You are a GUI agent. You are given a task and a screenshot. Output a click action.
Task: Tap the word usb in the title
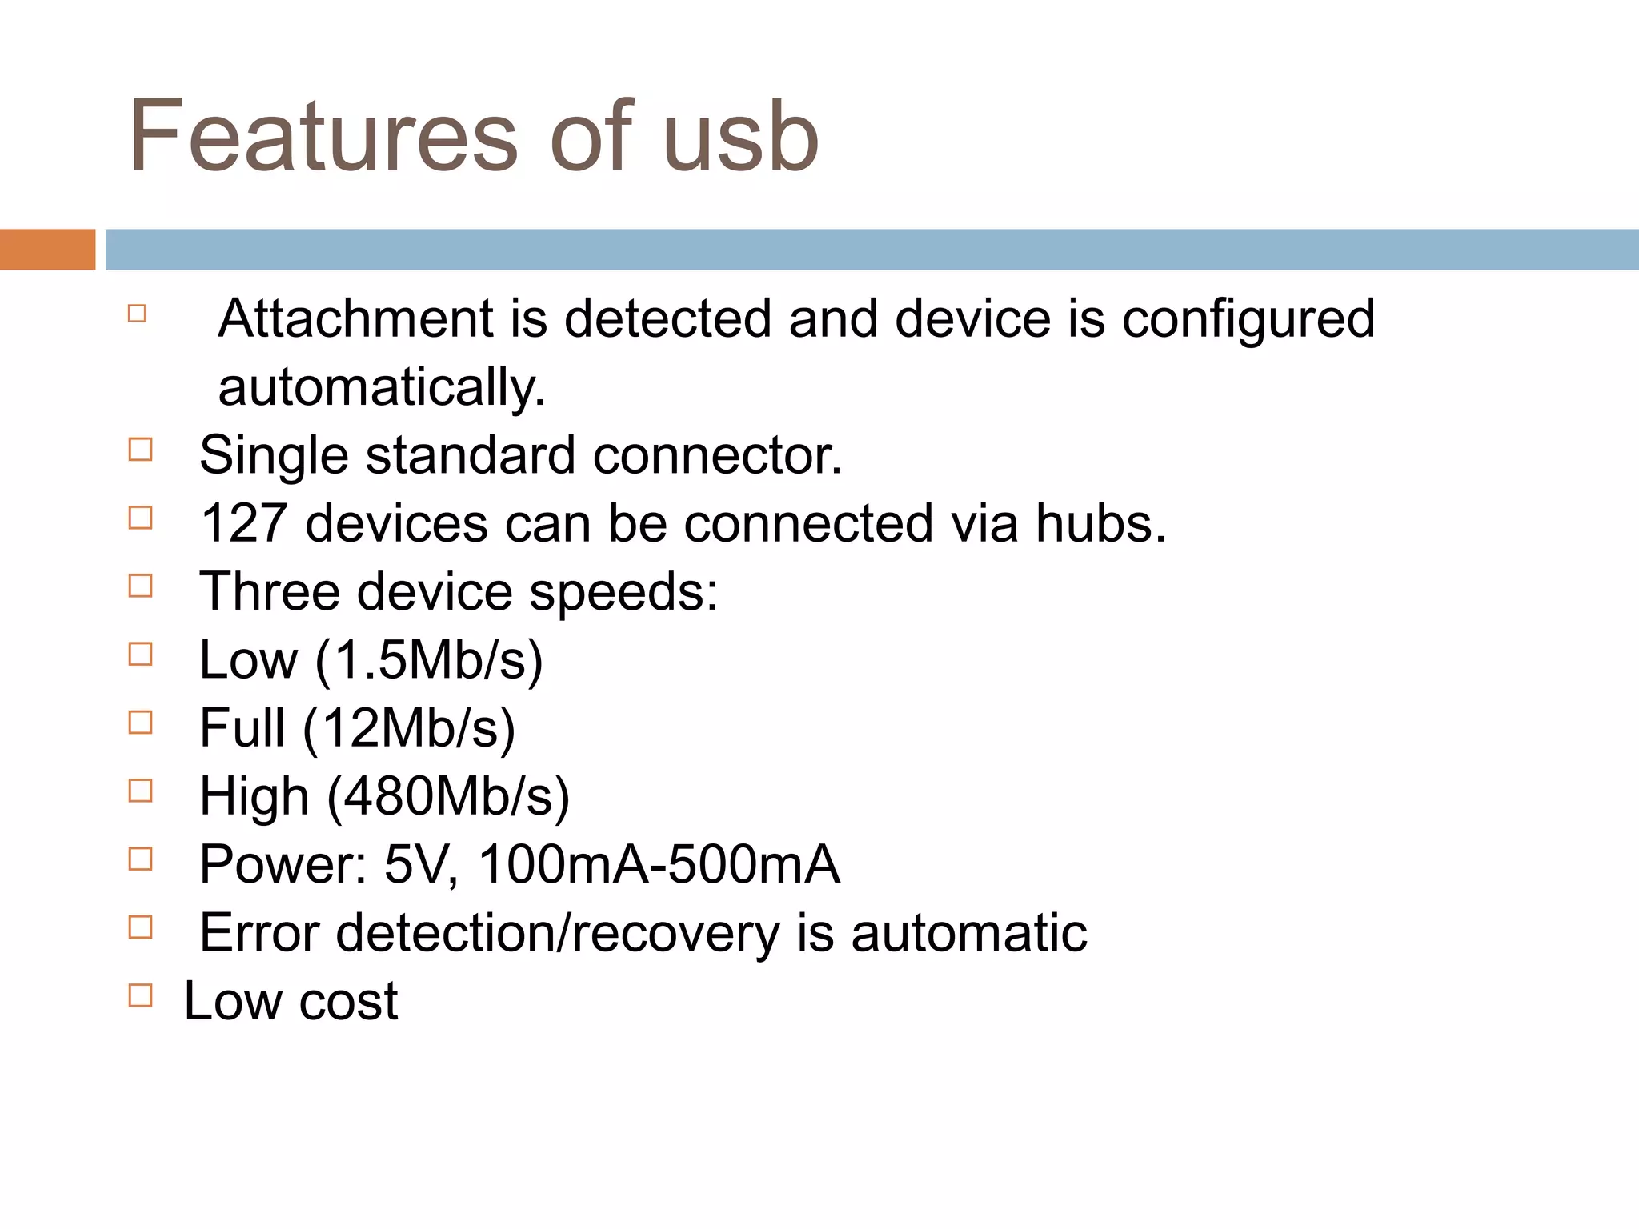pyautogui.click(x=740, y=136)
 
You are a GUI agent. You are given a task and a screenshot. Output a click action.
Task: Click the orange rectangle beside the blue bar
pyautogui.click(x=47, y=250)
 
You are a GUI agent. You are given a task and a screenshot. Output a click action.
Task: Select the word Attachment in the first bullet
pyautogui.click(x=355, y=318)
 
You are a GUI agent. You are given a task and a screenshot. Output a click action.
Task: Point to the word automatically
pyautogui.click(x=381, y=387)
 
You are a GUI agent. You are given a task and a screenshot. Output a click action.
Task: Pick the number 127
pyautogui.click(x=243, y=523)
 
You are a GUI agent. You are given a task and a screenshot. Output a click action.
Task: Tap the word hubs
pyautogui.click(x=1100, y=523)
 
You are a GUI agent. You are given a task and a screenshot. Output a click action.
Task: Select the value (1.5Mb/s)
pyautogui.click(x=429, y=661)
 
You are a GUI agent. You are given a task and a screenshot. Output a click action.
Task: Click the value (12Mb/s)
pyautogui.click(x=408, y=729)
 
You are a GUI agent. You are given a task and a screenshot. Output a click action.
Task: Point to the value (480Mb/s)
pyautogui.click(x=448, y=797)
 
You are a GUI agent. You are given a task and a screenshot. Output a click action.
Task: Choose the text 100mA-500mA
pyautogui.click(x=658, y=865)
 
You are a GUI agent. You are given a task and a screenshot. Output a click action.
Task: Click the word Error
pyautogui.click(x=259, y=933)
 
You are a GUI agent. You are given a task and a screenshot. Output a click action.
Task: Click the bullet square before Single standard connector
pyautogui.click(x=140, y=450)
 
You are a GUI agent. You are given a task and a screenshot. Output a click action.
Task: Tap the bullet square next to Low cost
pyautogui.click(x=140, y=995)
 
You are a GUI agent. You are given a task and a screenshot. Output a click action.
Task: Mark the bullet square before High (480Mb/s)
pyautogui.click(x=140, y=791)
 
